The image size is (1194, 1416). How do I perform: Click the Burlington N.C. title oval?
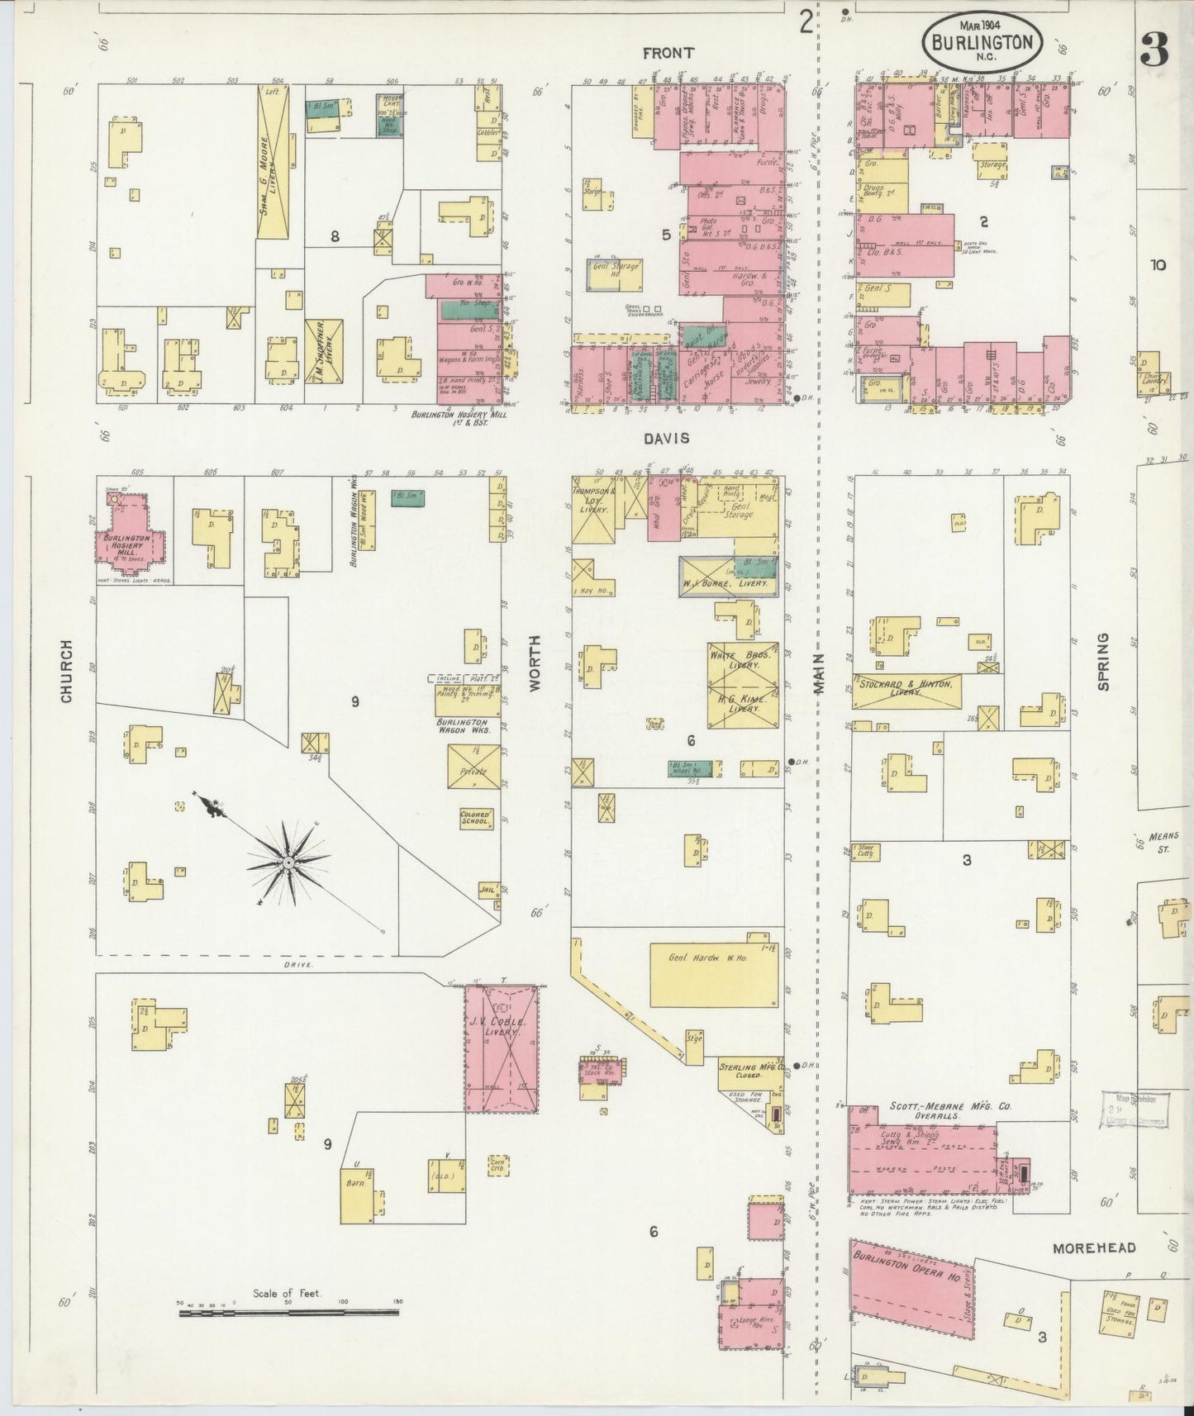coord(982,39)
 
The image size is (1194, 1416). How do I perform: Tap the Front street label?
coord(668,53)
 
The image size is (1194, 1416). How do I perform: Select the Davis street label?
coord(667,439)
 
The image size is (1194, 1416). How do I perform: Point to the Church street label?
coord(67,682)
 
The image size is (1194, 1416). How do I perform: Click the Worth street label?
coord(535,663)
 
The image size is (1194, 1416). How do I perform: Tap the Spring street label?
coord(1103,661)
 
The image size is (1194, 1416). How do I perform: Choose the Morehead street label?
coord(1094,1247)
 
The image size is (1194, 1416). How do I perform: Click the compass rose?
coord(288,862)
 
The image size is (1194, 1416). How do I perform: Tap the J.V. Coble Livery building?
coord(501,1048)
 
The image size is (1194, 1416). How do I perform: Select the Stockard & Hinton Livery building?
coord(906,691)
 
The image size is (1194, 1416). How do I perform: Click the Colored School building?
coord(476,818)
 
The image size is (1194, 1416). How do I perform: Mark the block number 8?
coord(335,237)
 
